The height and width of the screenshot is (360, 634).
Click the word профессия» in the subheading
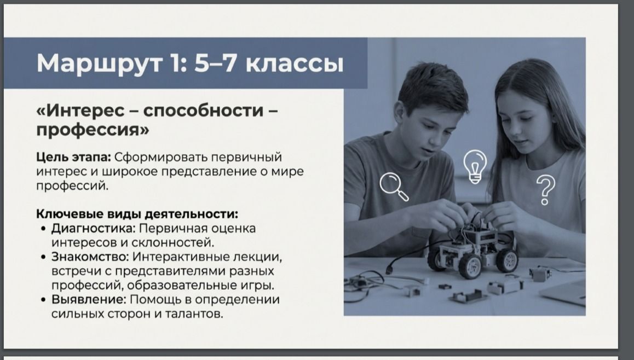click(93, 130)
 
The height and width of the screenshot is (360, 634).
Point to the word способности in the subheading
click(203, 110)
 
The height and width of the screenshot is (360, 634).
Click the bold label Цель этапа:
click(73, 157)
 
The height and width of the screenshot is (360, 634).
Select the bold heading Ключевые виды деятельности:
click(137, 213)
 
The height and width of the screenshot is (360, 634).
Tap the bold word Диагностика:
click(94, 228)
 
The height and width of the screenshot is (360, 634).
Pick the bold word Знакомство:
click(90, 257)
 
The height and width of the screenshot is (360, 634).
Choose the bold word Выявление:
click(89, 299)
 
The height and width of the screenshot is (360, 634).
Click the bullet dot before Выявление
click(44, 300)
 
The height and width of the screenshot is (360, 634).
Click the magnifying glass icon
click(394, 186)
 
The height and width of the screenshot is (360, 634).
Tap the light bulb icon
click(475, 166)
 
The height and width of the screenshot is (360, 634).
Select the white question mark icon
click(545, 190)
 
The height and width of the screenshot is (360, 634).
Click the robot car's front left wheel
click(470, 265)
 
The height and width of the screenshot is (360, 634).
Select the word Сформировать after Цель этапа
click(160, 157)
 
